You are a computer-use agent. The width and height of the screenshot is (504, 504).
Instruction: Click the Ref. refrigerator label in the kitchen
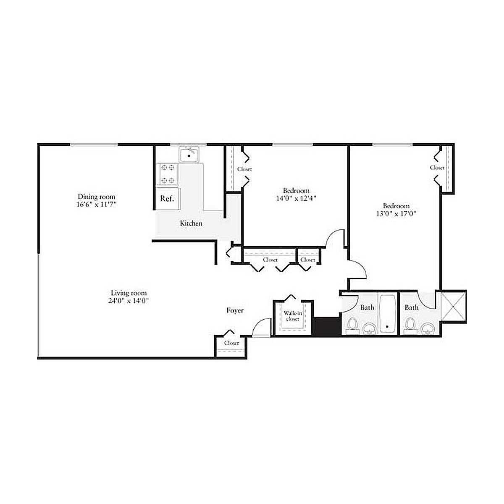167,199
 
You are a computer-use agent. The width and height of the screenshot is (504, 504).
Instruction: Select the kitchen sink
189,155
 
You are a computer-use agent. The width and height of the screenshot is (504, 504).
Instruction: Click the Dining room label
97,197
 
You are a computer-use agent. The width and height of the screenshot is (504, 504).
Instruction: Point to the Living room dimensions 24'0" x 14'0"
129,301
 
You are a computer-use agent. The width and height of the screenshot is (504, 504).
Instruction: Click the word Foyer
235,310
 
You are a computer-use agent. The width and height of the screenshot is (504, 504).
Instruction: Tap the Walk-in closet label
293,316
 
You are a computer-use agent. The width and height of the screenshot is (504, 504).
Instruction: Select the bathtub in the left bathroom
387,314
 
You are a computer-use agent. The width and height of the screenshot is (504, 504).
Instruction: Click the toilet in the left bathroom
352,325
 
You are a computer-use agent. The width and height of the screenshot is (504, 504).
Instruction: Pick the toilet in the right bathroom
409,325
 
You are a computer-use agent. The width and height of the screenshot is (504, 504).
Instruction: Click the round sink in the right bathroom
428,328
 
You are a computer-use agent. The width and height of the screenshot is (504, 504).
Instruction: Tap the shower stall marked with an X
454,306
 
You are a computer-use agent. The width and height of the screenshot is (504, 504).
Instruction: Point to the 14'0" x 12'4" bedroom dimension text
296,199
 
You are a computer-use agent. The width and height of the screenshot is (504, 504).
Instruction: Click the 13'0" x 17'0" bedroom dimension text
396,214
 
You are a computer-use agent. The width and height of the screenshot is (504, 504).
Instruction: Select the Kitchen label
191,223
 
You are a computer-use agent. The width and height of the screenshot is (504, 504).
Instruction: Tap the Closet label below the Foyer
231,343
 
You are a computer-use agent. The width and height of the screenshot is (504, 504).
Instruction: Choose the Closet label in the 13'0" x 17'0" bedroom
437,168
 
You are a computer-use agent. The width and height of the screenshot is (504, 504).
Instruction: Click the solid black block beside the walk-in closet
327,326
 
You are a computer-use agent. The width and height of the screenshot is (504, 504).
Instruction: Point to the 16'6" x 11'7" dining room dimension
96,204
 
